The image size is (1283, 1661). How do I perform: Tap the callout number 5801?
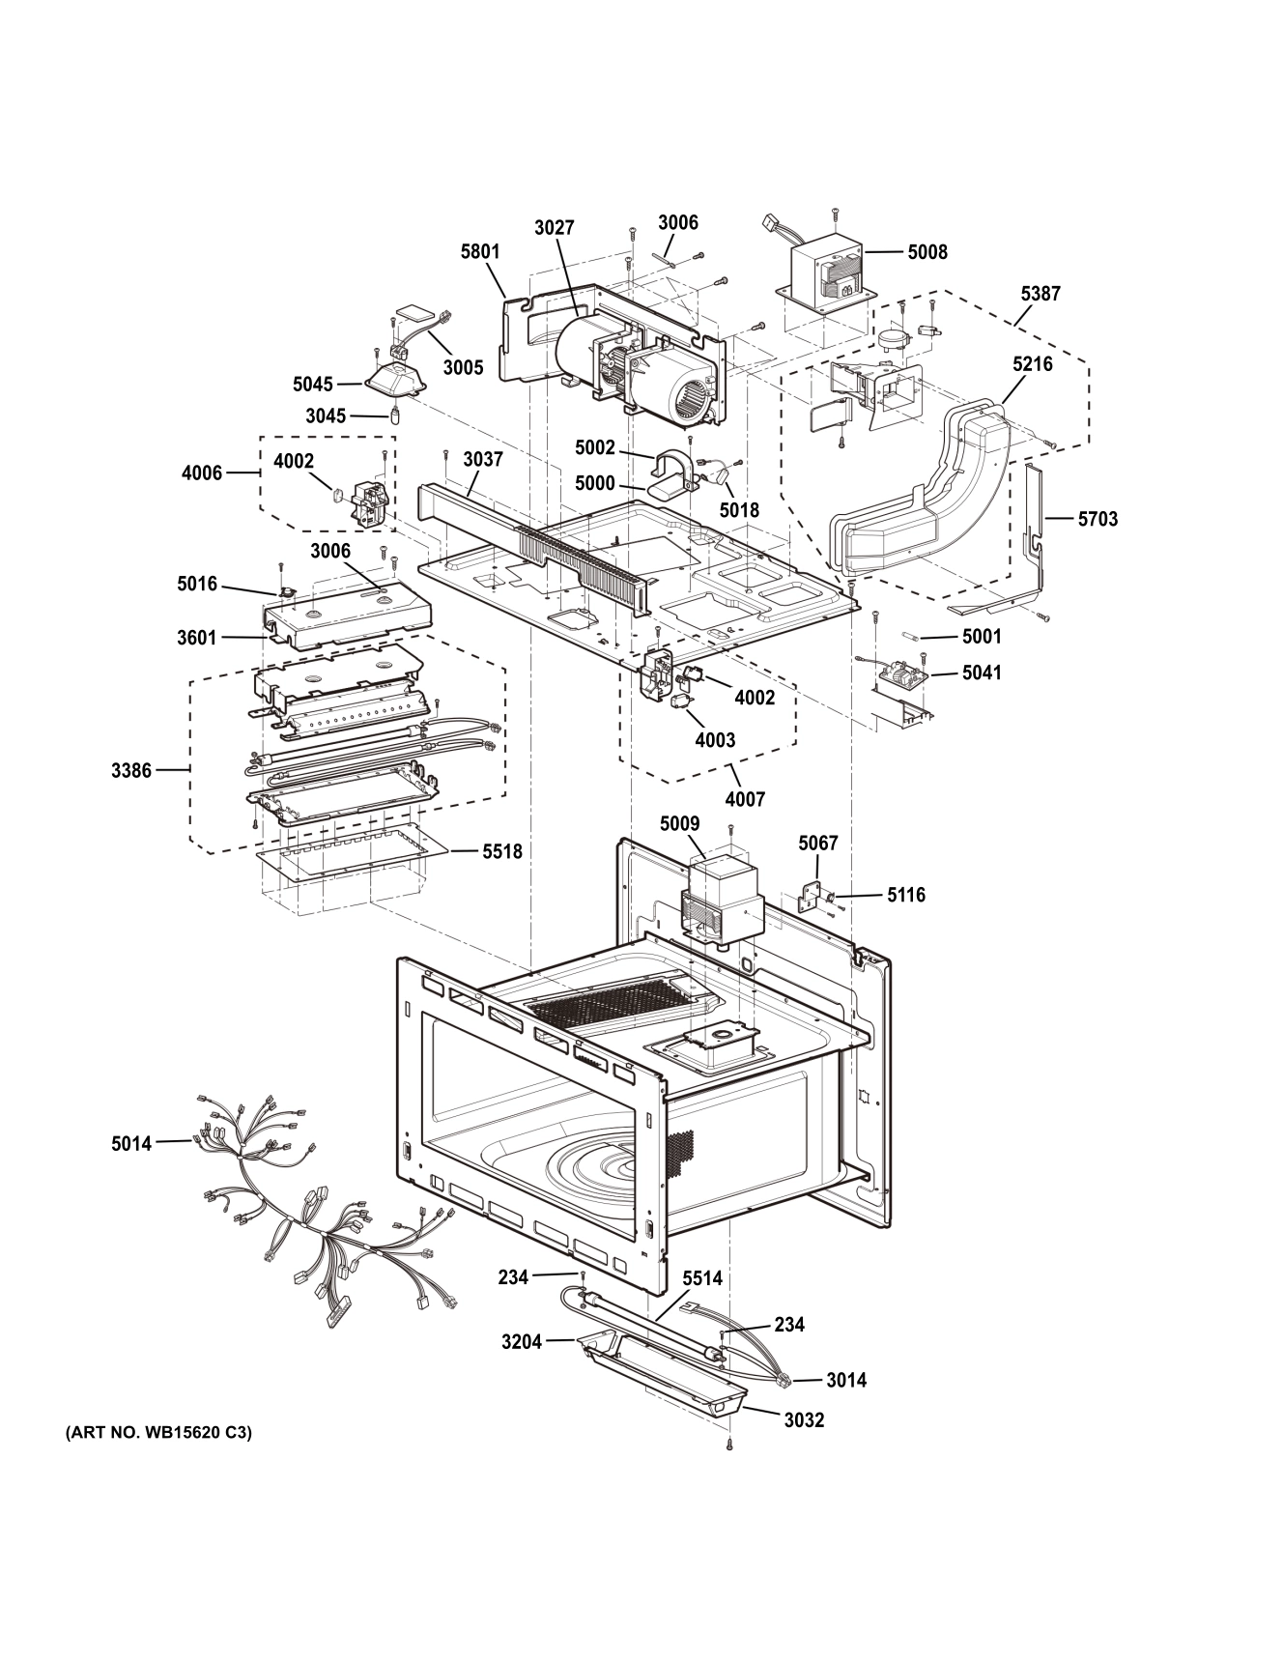pyautogui.click(x=480, y=252)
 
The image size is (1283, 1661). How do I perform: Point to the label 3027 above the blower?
pyautogui.click(x=554, y=228)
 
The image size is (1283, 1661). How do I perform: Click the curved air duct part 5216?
pyautogui.click(x=927, y=493)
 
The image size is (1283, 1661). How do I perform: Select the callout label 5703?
pyautogui.click(x=1098, y=519)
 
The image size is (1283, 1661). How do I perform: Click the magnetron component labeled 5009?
pyautogui.click(x=720, y=897)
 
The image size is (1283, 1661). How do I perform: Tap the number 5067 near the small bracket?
pyautogui.click(x=817, y=844)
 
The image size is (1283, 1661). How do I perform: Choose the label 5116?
pyautogui.click(x=906, y=895)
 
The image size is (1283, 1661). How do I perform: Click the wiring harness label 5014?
pyautogui.click(x=131, y=1144)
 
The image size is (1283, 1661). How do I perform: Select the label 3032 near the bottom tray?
pyautogui.click(x=804, y=1420)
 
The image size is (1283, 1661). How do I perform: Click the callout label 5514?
pyautogui.click(x=702, y=1278)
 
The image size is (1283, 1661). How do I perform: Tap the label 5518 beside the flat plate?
pyautogui.click(x=502, y=851)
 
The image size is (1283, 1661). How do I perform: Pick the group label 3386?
pyautogui.click(x=131, y=771)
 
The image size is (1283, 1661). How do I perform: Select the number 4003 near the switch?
pyautogui.click(x=715, y=740)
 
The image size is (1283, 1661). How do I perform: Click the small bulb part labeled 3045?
pyautogui.click(x=395, y=417)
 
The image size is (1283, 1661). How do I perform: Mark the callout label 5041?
pyautogui.click(x=982, y=672)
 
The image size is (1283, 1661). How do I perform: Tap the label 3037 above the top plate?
pyautogui.click(x=482, y=460)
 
